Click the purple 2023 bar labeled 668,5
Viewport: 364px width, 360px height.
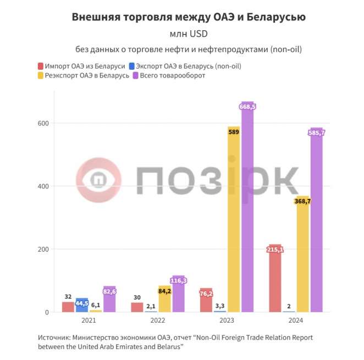tap(248, 209)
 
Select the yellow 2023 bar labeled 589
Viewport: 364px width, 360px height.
tap(234, 220)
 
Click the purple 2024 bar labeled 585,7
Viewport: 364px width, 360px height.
tap(317, 220)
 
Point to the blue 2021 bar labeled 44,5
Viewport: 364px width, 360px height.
tap(82, 306)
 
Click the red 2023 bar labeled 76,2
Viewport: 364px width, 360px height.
tap(206, 301)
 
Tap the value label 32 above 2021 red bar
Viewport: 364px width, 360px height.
tap(68, 297)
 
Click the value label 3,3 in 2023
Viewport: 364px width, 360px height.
tap(220, 306)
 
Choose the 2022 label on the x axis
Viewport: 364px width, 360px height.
tap(158, 320)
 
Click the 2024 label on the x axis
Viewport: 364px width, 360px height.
tap(296, 320)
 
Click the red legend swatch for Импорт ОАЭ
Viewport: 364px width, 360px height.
tap(41, 66)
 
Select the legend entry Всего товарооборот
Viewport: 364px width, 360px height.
tap(173, 75)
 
